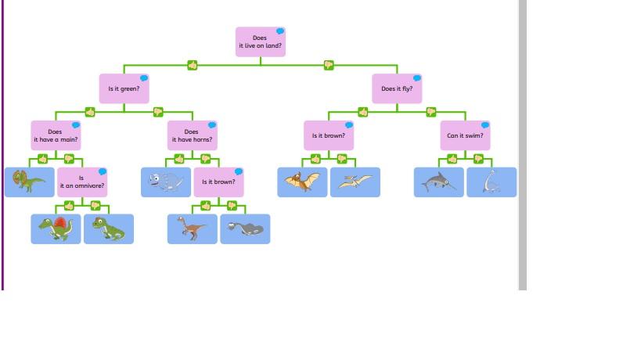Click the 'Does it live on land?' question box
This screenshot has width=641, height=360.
pyautogui.click(x=260, y=42)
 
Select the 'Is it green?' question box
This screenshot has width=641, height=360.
pyautogui.click(x=124, y=88)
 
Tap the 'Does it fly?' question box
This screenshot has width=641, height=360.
pyautogui.click(x=397, y=88)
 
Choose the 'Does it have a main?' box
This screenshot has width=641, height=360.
pyautogui.click(x=56, y=135)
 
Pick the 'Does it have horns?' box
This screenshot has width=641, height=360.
pyautogui.click(x=192, y=135)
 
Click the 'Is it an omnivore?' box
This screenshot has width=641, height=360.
pyautogui.click(x=81, y=182)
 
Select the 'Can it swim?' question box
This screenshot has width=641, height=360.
pyautogui.click(x=465, y=135)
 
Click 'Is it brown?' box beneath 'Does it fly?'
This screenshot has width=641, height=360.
pyautogui.click(x=329, y=135)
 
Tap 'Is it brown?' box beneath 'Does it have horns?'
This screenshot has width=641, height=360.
pyautogui.click(x=218, y=182)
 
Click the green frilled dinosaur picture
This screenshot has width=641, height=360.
pyautogui.click(x=29, y=182)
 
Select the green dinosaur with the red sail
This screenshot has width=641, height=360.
pyautogui.click(x=56, y=229)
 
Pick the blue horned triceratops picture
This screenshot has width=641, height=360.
pyautogui.click(x=166, y=182)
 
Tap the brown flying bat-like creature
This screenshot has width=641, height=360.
pyautogui.click(x=302, y=182)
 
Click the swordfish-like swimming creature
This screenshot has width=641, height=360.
pyautogui.click(x=438, y=182)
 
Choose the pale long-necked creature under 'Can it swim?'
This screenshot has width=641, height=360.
pyautogui.click(x=492, y=182)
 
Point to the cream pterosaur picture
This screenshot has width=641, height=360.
pyautogui.click(x=355, y=182)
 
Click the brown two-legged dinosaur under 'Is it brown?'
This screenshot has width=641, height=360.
pyautogui.click(x=192, y=229)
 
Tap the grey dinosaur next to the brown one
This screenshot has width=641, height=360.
pyautogui.click(x=245, y=229)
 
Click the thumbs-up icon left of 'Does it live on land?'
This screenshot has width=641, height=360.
pyautogui.click(x=193, y=65)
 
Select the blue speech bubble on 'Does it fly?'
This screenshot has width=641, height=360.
pyautogui.click(x=417, y=78)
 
